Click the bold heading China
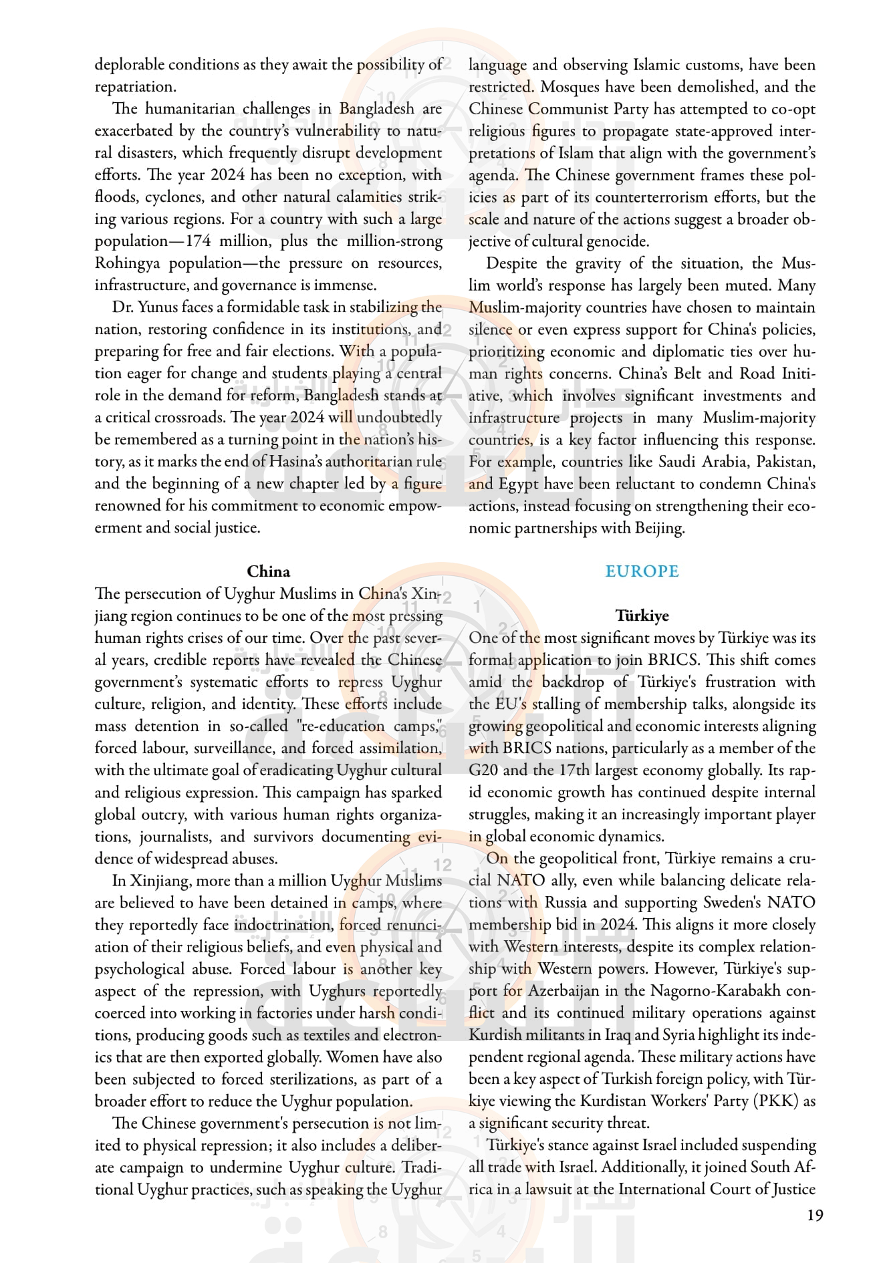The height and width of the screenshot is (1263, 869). coord(268,571)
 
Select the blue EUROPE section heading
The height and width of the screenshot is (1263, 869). coord(642,571)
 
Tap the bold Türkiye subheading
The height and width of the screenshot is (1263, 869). coord(642,615)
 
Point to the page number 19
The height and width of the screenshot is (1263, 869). coord(815,1215)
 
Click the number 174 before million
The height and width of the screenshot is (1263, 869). coord(198,241)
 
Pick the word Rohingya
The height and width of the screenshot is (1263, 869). coord(127,263)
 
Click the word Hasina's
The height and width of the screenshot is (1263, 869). coord(301,461)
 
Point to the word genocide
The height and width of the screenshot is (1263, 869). coord(618,241)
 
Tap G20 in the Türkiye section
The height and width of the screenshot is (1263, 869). coord(483,770)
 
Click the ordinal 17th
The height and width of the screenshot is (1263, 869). coord(574,770)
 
